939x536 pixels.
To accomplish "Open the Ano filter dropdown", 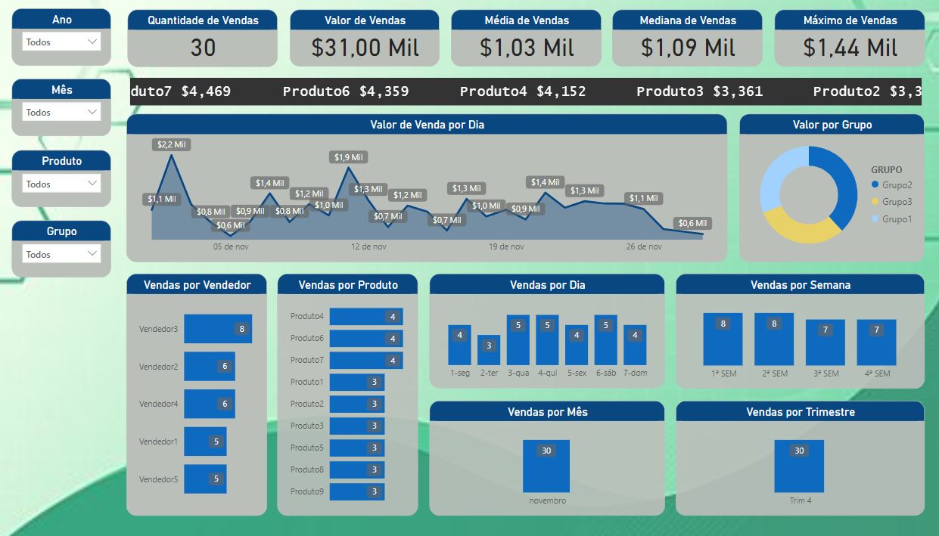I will (x=61, y=42).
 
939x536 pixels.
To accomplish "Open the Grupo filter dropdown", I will (x=61, y=255).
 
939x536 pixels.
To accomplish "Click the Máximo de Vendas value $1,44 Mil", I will (x=850, y=48).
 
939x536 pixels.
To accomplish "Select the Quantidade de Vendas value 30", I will (x=203, y=48).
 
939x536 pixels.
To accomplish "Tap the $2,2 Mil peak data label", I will (x=172, y=144).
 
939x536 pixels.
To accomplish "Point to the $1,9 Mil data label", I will (x=348, y=157).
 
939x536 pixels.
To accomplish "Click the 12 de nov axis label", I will (x=368, y=246).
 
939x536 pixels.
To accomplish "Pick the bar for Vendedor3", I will (x=218, y=329).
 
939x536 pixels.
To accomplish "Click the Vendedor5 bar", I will (x=205, y=479).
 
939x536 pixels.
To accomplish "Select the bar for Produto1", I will (x=357, y=382).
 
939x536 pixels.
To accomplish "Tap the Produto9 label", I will (x=306, y=491).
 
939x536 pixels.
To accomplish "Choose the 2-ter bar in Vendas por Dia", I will (x=489, y=350).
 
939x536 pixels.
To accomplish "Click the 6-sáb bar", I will (x=605, y=340).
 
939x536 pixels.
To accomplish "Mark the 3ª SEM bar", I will (x=825, y=342).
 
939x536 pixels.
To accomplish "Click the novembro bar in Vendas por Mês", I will (x=546, y=466).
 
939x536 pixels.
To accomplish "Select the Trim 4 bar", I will (x=798, y=466).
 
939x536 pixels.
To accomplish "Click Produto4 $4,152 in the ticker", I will (x=523, y=91).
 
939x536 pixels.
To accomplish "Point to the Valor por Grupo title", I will (x=832, y=125).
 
